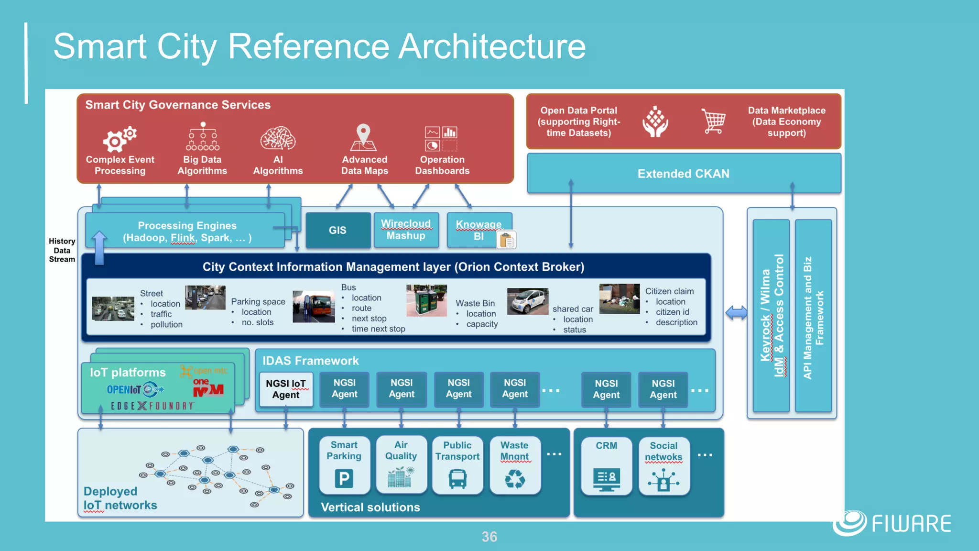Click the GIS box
[338, 230]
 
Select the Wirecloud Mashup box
[406, 230]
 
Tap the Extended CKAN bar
[684, 174]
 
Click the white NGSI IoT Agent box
[286, 389]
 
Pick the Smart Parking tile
[344, 464]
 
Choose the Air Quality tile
[401, 464]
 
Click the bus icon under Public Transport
[457, 478]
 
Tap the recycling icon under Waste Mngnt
[515, 478]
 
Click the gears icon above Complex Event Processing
[120, 139]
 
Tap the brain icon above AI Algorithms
[278, 139]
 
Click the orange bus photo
[314, 307]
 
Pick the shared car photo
[527, 301]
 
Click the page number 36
[489, 537]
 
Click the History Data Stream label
[62, 250]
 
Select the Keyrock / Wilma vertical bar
[771, 316]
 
